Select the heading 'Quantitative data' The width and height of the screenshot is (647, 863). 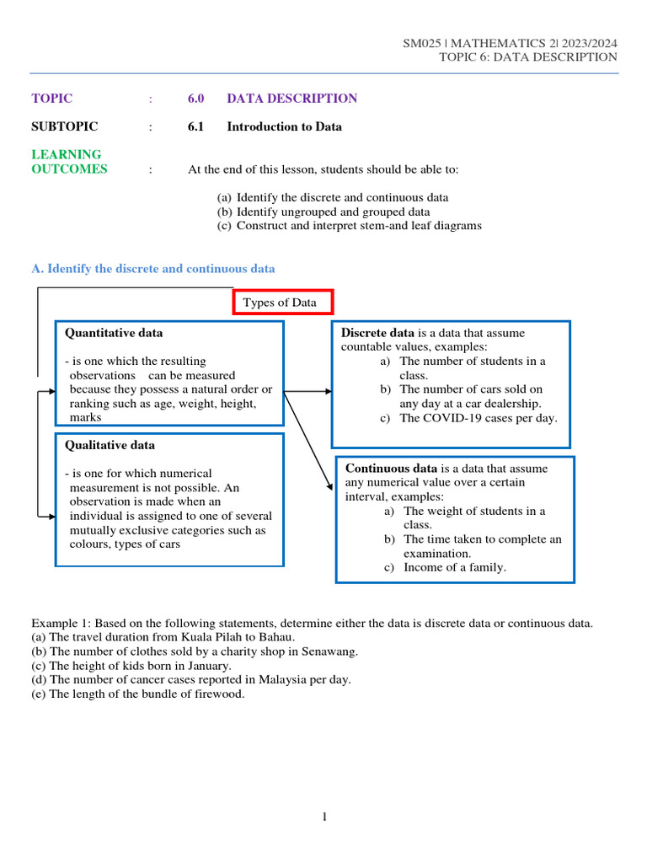tap(114, 333)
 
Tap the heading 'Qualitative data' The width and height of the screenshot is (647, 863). tap(110, 445)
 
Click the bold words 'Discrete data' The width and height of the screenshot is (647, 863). tap(377, 333)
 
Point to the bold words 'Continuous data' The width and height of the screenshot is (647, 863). tap(391, 469)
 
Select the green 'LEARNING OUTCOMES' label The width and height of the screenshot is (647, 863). tap(69, 162)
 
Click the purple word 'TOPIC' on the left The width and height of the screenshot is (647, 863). tap(51, 99)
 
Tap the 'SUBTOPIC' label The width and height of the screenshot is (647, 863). tap(64, 127)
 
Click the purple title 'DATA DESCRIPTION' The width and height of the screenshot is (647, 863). tap(291, 99)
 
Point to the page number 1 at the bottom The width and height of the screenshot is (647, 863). tap(323, 817)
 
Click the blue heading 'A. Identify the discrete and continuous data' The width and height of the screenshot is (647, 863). tap(152, 269)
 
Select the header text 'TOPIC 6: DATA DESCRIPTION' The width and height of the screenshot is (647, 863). tap(527, 57)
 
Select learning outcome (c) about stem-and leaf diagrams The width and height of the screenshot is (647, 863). tap(350, 226)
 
